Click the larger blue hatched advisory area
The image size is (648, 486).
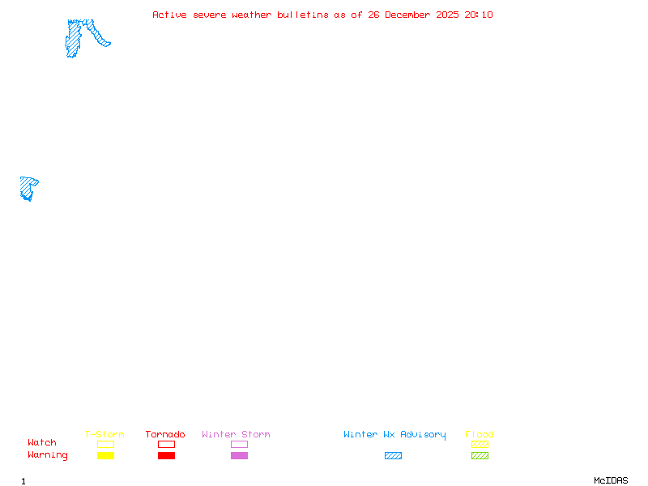coord(75,38)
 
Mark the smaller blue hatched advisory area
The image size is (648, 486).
coord(27,187)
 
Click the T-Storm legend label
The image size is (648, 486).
coord(104,435)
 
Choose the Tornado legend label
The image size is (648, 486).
coord(165,435)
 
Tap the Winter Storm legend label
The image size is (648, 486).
coord(236,435)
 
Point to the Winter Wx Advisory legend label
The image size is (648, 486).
coord(394,435)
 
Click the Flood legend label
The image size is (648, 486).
coord(480,435)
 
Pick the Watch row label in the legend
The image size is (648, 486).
coord(42,443)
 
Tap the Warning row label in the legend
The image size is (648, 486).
coord(48,455)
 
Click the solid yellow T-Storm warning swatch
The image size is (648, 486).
coord(105,456)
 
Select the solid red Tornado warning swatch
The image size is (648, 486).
coord(166,456)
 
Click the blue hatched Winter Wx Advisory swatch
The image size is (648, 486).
coord(393,456)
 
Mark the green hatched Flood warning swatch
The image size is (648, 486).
coord(480,456)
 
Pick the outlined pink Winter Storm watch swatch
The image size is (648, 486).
coord(239,445)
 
